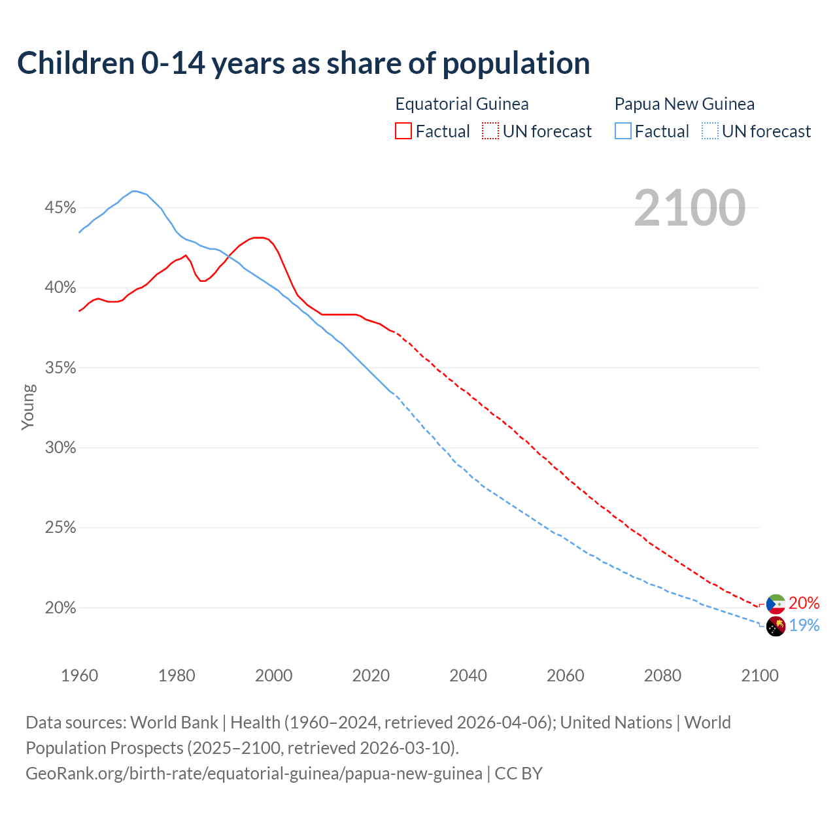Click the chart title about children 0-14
point(303,63)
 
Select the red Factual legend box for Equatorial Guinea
point(403,131)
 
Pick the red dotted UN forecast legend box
point(490,131)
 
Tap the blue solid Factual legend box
point(623,131)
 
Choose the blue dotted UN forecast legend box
point(709,131)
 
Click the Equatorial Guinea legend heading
point(462,104)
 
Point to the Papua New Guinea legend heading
point(684,104)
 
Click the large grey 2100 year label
point(689,208)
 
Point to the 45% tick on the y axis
point(60,208)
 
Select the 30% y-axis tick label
point(60,448)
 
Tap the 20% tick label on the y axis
point(60,608)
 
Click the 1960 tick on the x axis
point(79,675)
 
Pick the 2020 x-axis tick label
point(371,675)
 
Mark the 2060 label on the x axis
point(565,675)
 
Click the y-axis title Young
point(28,407)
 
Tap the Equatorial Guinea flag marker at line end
point(776,604)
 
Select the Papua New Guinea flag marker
point(776,626)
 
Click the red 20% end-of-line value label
point(804,603)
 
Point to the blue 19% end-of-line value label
point(804,626)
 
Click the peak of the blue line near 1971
point(134,191)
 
